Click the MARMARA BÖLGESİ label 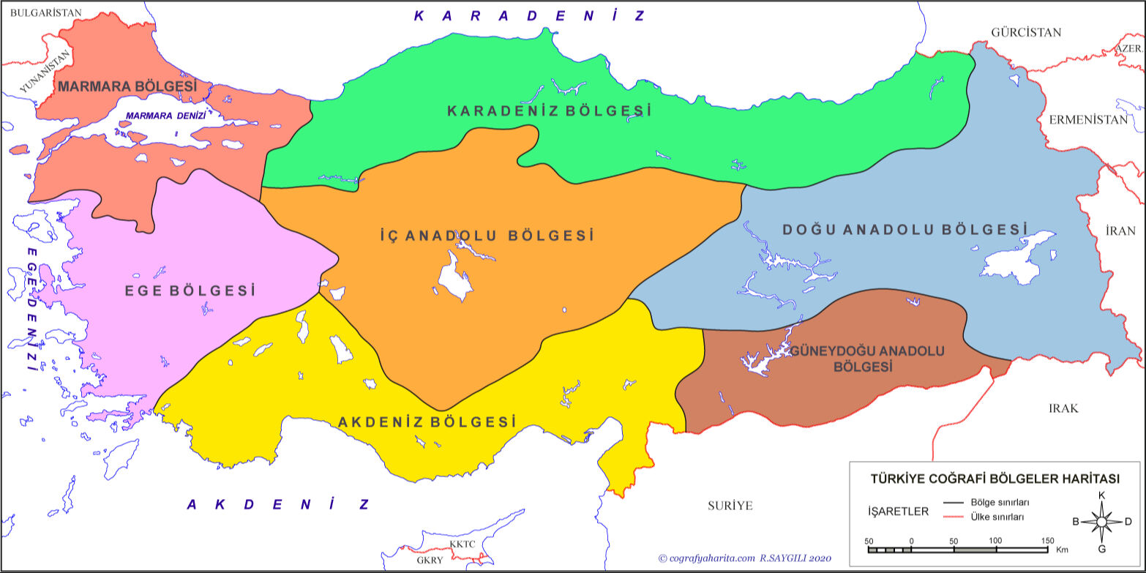coord(128,86)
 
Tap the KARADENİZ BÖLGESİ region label coord(549,111)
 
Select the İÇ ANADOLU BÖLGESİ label coord(487,236)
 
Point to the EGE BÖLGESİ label coord(190,291)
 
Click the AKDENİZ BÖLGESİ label coord(427,422)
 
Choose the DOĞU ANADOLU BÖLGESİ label coord(905,230)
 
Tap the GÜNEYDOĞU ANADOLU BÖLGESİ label coord(867,359)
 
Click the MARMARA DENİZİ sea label coord(165,116)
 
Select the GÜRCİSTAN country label coord(1025,32)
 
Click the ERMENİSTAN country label coord(1088,120)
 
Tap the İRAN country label coord(1120,231)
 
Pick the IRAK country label coord(1063,408)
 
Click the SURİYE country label coord(730,506)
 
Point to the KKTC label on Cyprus coord(462,544)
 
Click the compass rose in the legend coord(1102,522)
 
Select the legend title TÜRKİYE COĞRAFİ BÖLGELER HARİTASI coord(995,479)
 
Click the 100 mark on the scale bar coord(995,541)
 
